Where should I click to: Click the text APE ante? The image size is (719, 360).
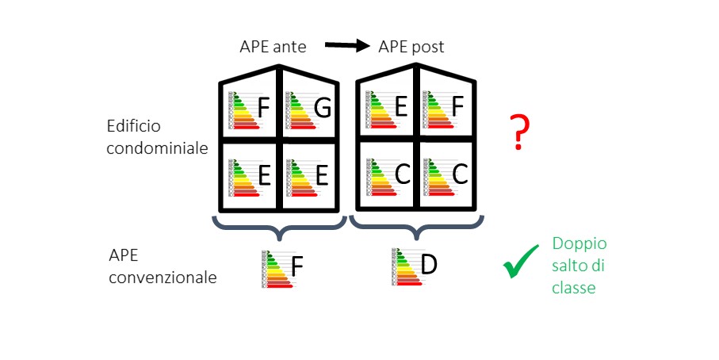[x=272, y=47]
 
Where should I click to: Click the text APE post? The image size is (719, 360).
[x=411, y=47]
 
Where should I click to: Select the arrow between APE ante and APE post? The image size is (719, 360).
[x=348, y=46]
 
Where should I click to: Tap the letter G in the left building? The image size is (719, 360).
[x=322, y=109]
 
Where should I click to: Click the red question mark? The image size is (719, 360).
[x=518, y=132]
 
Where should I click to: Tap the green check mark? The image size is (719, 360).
[x=521, y=265]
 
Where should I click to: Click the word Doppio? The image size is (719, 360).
[x=579, y=245]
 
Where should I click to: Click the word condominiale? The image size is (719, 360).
[x=159, y=147]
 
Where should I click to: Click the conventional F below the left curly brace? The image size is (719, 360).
[x=296, y=267]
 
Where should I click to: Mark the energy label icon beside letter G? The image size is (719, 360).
[x=299, y=109]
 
